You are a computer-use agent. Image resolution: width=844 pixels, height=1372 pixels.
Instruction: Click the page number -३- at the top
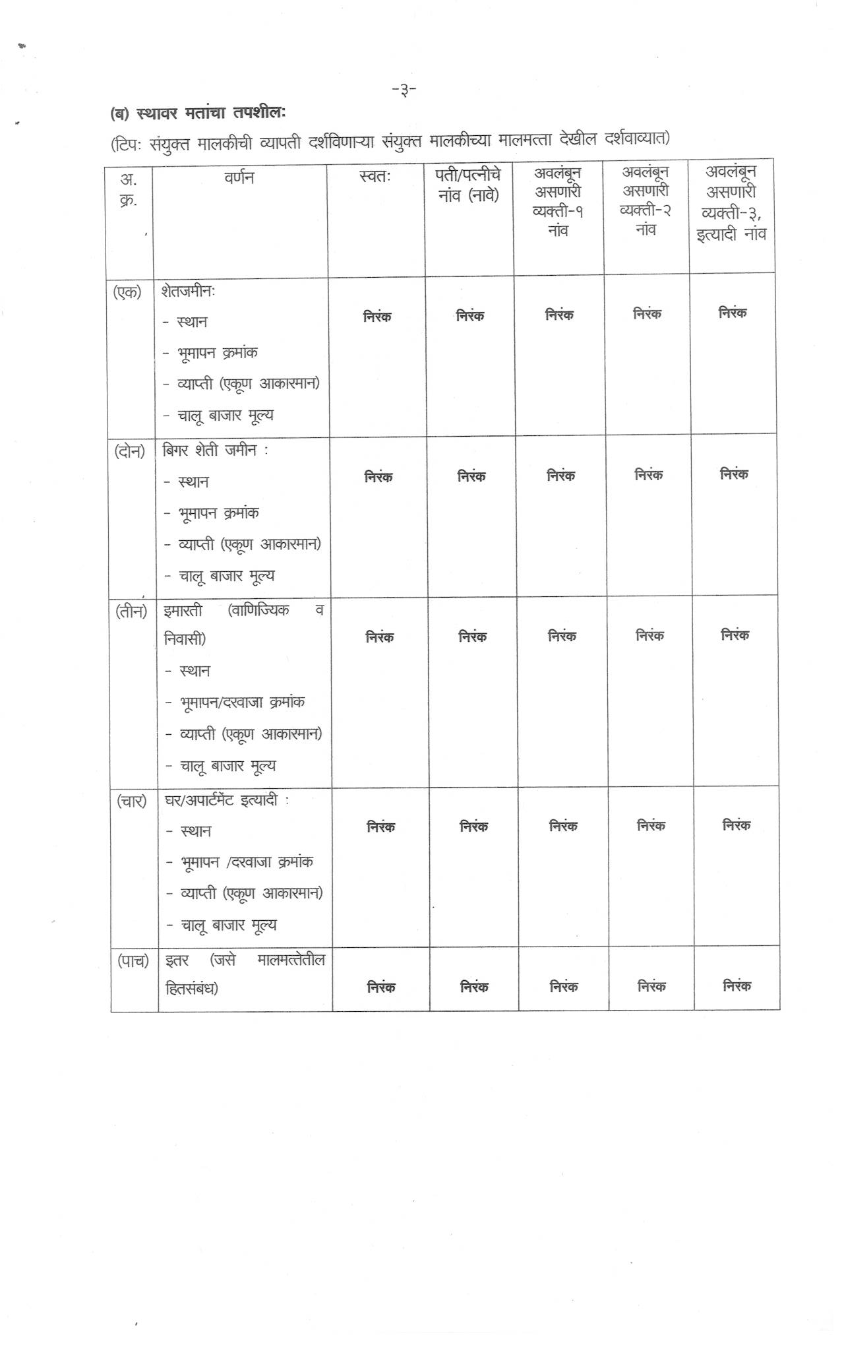pos(404,89)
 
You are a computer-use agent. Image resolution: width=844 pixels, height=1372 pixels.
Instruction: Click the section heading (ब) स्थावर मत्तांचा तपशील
pos(198,113)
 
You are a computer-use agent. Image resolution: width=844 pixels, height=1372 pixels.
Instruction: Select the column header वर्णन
pos(239,177)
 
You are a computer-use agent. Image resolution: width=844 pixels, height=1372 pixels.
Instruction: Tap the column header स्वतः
pos(375,177)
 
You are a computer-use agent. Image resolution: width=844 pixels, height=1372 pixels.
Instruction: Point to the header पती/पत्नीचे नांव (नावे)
pos(468,185)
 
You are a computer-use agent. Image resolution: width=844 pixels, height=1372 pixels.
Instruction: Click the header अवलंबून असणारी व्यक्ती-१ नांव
pos(558,201)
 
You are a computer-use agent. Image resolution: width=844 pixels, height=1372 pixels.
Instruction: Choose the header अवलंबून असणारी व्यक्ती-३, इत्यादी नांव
pos(731,203)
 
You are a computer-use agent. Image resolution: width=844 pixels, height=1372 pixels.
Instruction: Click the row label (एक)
pos(127,292)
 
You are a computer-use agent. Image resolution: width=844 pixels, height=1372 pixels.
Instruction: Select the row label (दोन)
pos(129,452)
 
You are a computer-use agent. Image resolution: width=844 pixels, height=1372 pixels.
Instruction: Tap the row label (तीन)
pos(131,611)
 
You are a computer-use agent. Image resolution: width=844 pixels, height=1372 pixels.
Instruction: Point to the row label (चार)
pos(132,801)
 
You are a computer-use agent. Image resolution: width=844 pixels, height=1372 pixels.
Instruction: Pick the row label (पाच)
pos(133,961)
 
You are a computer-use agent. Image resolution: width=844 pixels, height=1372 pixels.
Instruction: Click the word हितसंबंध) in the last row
pos(192,989)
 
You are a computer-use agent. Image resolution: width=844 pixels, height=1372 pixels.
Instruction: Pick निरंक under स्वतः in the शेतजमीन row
pos(377,317)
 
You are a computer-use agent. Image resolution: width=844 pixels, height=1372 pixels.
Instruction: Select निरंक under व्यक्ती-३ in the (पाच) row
pos(737,986)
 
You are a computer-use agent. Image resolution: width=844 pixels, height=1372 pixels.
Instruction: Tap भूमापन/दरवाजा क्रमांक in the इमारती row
pos(242,702)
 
